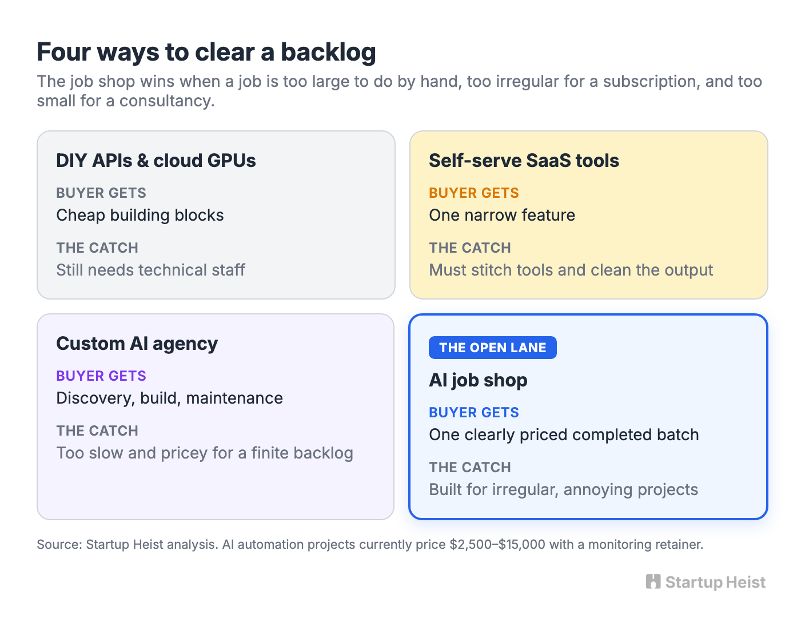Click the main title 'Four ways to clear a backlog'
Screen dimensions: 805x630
click(206, 52)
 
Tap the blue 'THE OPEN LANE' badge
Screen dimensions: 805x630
click(492, 348)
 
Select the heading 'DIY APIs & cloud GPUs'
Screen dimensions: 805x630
click(156, 161)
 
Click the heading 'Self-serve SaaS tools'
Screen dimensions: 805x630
click(524, 161)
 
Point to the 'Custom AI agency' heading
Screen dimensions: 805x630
click(137, 344)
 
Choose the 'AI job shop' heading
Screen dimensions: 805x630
click(478, 380)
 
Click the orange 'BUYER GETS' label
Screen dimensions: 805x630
click(474, 193)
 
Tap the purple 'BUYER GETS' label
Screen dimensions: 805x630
click(101, 376)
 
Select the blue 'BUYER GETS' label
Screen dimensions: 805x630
click(474, 413)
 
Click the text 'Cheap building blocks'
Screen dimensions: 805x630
click(140, 215)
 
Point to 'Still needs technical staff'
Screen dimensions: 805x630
click(150, 270)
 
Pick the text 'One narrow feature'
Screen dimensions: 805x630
click(502, 215)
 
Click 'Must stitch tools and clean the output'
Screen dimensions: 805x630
click(571, 270)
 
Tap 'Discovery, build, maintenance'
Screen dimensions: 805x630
click(169, 398)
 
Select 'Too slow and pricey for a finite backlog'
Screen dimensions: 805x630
click(205, 453)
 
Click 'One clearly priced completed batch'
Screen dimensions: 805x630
click(564, 435)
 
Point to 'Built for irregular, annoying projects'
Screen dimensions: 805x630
click(564, 489)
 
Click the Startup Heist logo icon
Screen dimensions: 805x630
click(653, 581)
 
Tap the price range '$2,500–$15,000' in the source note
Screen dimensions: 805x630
click(497, 544)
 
